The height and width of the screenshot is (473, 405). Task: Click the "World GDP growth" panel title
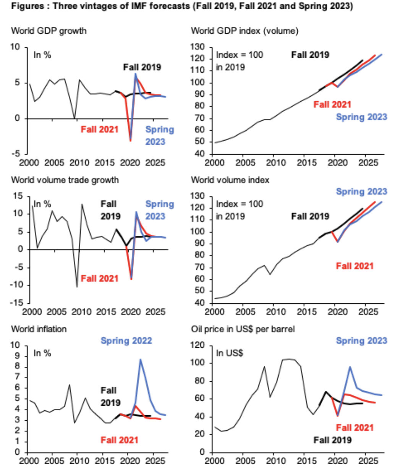pyautogui.click(x=49, y=31)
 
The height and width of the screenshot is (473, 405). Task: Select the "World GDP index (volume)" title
pyautogui.click(x=245, y=31)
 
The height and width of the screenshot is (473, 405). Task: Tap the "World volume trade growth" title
pyautogui.click(x=65, y=180)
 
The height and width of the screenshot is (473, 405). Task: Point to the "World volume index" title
pyautogui.click(x=230, y=180)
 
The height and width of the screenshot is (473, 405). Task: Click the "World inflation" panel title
pyautogui.click(x=39, y=329)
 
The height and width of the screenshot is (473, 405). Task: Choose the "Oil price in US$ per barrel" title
pyautogui.click(x=243, y=329)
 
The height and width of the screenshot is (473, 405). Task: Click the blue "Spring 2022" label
pyautogui.click(x=126, y=340)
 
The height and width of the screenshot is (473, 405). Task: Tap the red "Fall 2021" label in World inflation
pyautogui.click(x=119, y=440)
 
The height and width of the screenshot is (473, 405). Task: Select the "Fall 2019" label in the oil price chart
pyautogui.click(x=332, y=440)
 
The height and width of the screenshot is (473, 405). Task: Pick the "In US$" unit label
pyautogui.click(x=229, y=353)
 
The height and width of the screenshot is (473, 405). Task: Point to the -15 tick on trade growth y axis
pyautogui.click(x=17, y=303)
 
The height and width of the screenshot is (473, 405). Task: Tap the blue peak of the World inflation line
pyautogui.click(x=141, y=359)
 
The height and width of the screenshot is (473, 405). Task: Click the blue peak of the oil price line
pyautogui.click(x=350, y=367)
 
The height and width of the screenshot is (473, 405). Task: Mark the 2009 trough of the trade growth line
pyautogui.click(x=77, y=287)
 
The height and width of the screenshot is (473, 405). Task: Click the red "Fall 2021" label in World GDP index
pyautogui.click(x=332, y=104)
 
